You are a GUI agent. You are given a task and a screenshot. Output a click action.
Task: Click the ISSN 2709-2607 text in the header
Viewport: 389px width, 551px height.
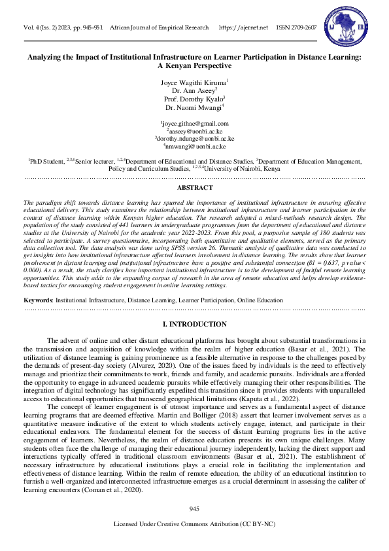[297, 27]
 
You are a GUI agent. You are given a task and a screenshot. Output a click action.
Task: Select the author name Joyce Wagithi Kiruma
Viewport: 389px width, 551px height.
[194, 82]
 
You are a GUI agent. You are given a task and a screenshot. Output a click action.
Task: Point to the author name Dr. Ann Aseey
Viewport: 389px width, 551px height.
[194, 90]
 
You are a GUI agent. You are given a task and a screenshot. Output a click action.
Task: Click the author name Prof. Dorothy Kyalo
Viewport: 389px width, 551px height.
[194, 98]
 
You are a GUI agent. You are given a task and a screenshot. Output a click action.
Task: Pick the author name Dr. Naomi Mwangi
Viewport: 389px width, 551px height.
[194, 107]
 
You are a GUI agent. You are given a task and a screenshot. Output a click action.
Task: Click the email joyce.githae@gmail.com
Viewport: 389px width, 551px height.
[195, 123]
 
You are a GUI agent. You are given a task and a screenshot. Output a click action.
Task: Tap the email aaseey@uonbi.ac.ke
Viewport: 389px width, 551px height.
[195, 131]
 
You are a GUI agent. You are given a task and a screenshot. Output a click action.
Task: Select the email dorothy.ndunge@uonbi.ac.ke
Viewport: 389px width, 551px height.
[195, 139]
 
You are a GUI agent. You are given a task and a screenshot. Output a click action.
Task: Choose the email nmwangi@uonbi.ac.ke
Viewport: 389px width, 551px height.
[195, 147]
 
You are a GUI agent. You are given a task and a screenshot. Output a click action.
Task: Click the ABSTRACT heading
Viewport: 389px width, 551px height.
[194, 187]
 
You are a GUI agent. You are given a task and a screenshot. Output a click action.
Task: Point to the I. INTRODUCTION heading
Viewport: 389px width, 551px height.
[194, 324]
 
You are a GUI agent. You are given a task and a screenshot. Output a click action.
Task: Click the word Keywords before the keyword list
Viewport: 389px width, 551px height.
[38, 299]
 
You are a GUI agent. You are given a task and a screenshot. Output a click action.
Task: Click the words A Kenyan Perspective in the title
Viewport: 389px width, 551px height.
[194, 66]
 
